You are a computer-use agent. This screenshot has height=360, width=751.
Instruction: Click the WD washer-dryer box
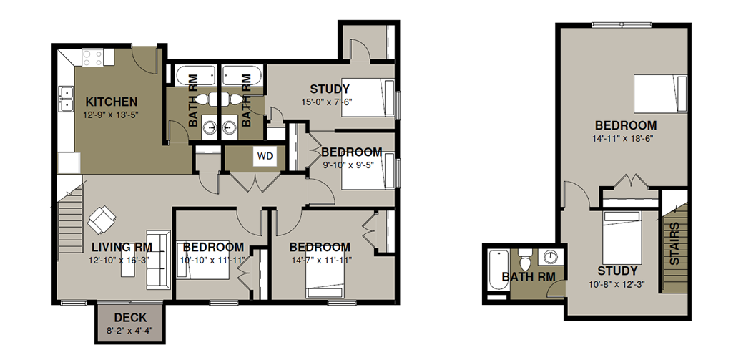pos(265,156)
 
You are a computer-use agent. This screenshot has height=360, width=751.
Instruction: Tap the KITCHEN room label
pos(112,102)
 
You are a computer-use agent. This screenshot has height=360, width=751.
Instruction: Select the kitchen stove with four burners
pos(92,58)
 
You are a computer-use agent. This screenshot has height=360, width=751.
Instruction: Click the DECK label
pos(130,318)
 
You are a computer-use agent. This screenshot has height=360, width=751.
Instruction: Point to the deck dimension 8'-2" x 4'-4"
pos(129,330)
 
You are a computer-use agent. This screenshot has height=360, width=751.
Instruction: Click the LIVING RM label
pos(122,248)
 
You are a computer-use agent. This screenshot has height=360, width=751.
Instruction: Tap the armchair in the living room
pos(102,220)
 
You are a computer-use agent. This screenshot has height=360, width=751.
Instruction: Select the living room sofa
pos(158,260)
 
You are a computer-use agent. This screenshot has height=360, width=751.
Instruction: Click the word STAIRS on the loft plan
pos(674,243)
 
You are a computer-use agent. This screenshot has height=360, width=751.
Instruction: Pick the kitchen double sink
pos(66,98)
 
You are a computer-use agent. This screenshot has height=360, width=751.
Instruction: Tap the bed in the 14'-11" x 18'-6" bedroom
pos(660,94)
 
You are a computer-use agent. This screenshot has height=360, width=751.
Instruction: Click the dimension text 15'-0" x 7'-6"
pos(330,101)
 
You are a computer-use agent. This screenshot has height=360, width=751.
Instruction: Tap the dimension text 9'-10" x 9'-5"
pos(348,165)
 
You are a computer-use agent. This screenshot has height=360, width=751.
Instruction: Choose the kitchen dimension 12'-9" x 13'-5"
pos(111,115)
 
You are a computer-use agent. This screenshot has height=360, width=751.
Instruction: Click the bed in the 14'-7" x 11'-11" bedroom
pos(325,280)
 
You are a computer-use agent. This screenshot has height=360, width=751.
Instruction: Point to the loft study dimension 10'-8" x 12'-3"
pos(617,284)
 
